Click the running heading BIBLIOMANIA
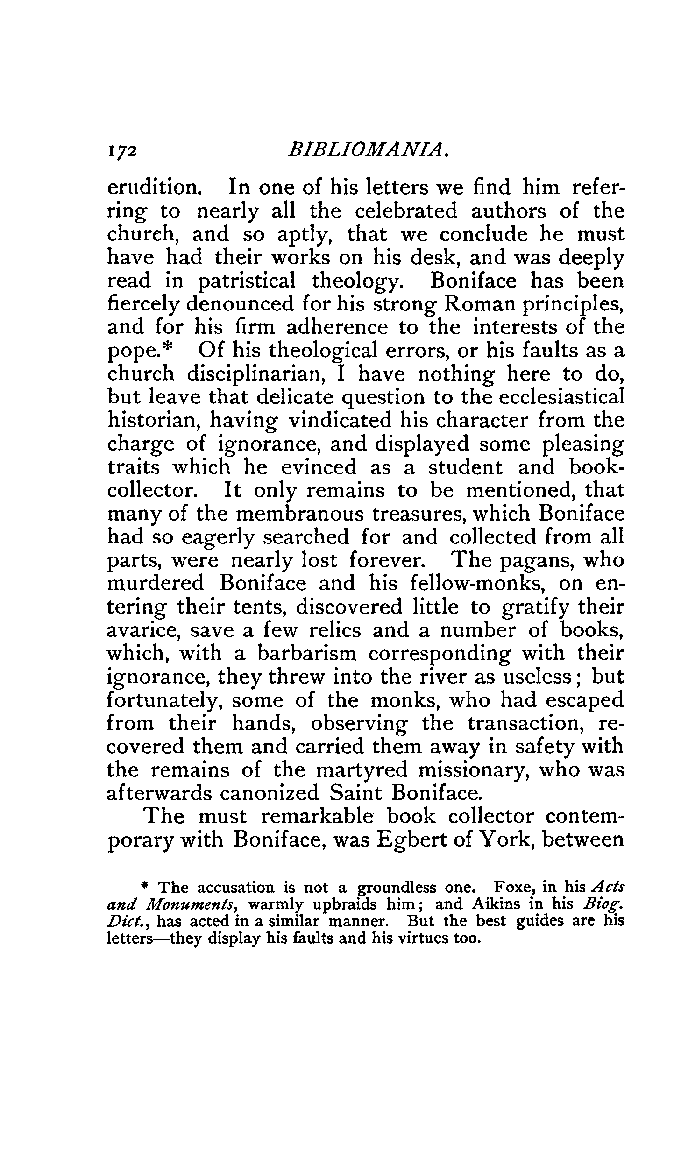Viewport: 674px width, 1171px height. coord(369,150)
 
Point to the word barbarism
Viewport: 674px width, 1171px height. coord(307,654)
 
